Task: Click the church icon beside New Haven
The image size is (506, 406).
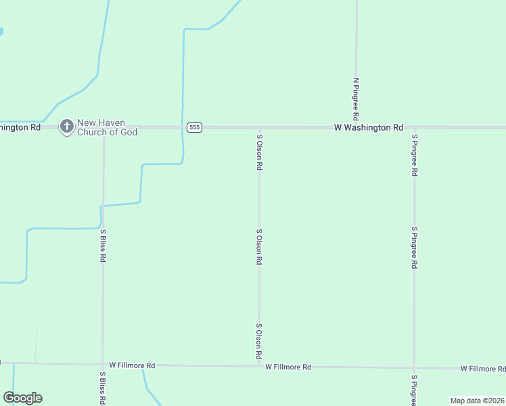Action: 66,127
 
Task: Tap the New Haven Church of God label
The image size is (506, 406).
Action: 107,127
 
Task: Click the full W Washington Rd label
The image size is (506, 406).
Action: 369,127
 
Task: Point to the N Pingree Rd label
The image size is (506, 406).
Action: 356,99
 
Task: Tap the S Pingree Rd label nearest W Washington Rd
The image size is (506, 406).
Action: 414,155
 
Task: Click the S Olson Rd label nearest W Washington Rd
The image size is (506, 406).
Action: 259,152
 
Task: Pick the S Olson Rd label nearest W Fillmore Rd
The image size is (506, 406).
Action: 259,341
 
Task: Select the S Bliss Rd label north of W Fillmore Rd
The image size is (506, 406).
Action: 103,246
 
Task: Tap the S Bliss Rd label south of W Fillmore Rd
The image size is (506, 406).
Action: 103,388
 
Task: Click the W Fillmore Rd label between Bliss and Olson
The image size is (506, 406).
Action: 132,365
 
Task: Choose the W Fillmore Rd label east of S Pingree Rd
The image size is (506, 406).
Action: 483,369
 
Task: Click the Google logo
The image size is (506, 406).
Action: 22,398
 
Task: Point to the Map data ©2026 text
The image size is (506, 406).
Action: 478,401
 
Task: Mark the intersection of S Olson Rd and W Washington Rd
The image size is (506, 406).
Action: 259,127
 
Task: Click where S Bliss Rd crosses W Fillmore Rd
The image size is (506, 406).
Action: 103,364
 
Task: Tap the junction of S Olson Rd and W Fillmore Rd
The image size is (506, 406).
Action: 259,366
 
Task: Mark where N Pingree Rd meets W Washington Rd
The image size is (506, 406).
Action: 356,127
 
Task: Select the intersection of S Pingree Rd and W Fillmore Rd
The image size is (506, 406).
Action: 414,368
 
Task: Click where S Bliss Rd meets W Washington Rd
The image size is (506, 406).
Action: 103,127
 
